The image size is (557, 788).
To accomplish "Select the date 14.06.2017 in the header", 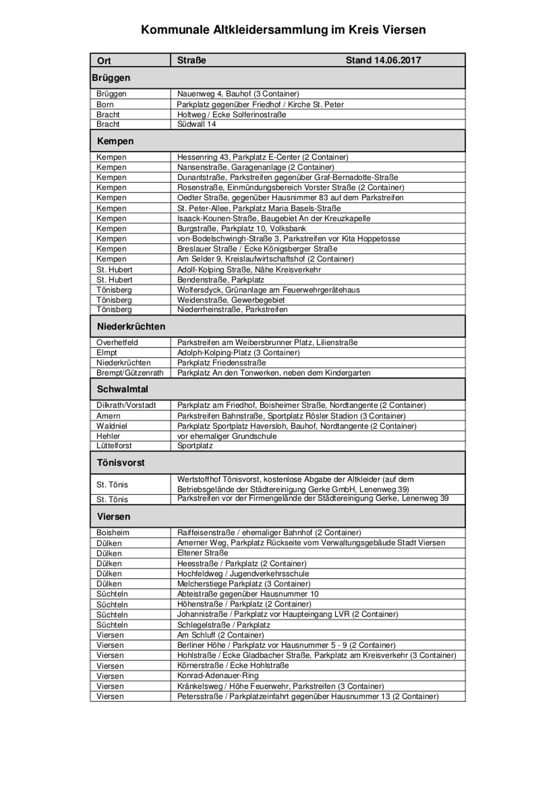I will click(398, 60).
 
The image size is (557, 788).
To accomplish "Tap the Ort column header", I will click(104, 60).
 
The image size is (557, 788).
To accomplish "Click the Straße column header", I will click(191, 60).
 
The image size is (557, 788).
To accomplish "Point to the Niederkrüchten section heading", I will click(131, 326).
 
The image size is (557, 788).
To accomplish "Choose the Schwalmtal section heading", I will click(122, 389).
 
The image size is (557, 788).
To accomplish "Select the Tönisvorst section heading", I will click(121, 462).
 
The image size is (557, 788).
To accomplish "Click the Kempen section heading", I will click(115, 141).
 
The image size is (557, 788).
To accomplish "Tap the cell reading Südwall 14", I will click(196, 124).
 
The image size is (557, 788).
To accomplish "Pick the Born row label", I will click(105, 105).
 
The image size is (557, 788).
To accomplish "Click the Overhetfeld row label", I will click(117, 342).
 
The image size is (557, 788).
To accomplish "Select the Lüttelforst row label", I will click(114, 446).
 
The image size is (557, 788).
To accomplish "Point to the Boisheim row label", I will click(113, 532).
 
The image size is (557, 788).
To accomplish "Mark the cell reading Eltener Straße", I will click(202, 553).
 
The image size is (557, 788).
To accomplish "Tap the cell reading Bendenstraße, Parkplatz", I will click(221, 280).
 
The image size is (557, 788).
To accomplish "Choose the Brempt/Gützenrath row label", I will click(130, 373).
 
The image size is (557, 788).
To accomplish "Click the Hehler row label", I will click(108, 436).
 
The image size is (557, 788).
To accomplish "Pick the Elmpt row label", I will click(107, 353).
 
